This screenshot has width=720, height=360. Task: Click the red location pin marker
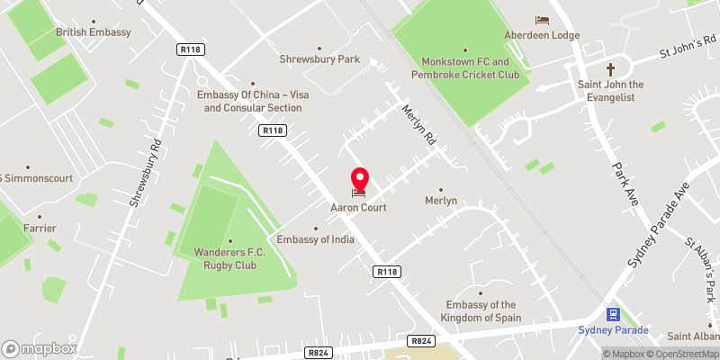[359, 178]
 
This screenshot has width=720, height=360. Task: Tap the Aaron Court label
[359, 208]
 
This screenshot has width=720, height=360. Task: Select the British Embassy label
[94, 32]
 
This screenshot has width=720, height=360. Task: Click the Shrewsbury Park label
[319, 59]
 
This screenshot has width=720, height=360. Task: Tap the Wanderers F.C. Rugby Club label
[226, 259]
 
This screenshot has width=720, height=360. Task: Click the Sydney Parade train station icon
[614, 314]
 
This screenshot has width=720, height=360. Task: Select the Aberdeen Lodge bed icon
[542, 21]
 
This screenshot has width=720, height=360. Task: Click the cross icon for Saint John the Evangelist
[611, 69]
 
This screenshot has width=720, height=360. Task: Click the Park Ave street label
[625, 183]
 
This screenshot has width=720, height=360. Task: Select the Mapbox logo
[40, 348]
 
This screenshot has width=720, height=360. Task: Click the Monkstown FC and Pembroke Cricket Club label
[471, 67]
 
